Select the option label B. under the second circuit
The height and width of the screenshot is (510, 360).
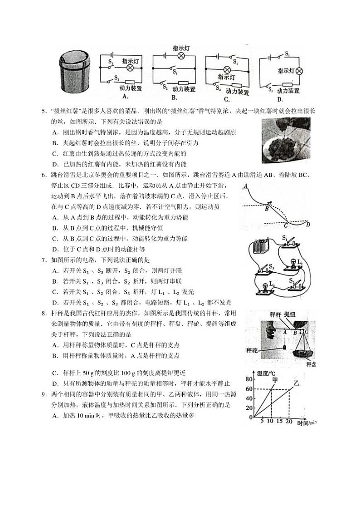click(x=174, y=97)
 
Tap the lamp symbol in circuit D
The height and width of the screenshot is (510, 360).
click(x=299, y=71)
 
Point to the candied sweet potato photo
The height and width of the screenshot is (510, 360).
click(x=286, y=140)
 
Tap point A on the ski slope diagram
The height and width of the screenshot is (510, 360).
click(x=245, y=186)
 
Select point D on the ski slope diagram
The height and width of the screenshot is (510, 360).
click(x=308, y=224)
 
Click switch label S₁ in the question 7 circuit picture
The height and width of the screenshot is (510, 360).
click(x=284, y=237)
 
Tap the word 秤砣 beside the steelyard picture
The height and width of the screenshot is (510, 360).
click(x=252, y=350)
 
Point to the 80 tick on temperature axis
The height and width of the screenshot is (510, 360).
click(x=249, y=379)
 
